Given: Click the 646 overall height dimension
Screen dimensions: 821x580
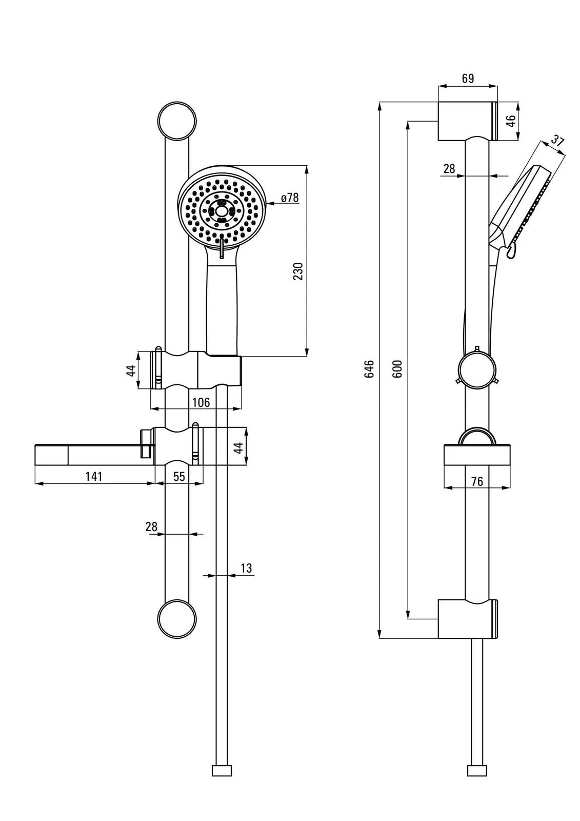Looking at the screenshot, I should (x=369, y=369).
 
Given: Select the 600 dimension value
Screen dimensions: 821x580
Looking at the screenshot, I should (x=397, y=369).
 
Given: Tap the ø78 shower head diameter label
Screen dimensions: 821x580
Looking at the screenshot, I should (x=290, y=198).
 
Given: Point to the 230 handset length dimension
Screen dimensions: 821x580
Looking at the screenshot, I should (x=298, y=271).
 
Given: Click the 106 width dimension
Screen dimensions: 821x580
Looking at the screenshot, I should (x=201, y=402).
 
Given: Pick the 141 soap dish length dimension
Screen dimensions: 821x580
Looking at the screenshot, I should (x=94, y=476).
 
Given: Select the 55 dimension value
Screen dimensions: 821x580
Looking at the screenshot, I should (x=179, y=476).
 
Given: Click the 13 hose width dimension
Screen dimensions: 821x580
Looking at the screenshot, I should (x=246, y=568).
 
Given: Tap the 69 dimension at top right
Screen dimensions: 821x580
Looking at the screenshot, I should (x=468, y=79).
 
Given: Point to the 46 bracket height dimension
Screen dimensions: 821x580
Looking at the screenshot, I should (x=511, y=121).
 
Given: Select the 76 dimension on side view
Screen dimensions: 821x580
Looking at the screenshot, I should (x=477, y=481).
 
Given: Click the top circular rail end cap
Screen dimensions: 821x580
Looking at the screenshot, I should (x=177, y=121).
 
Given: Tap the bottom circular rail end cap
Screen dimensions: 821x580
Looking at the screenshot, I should (x=177, y=619).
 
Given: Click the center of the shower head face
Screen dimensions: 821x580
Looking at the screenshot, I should (x=222, y=211).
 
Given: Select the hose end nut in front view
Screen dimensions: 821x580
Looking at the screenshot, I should (x=222, y=770).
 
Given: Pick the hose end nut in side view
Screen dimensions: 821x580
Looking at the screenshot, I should (x=477, y=770).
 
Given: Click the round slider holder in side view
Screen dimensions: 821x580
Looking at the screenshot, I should (x=476, y=369).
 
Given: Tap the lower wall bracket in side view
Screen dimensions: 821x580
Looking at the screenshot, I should (x=467, y=619).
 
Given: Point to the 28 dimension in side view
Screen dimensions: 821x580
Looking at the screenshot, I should (x=449, y=168).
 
